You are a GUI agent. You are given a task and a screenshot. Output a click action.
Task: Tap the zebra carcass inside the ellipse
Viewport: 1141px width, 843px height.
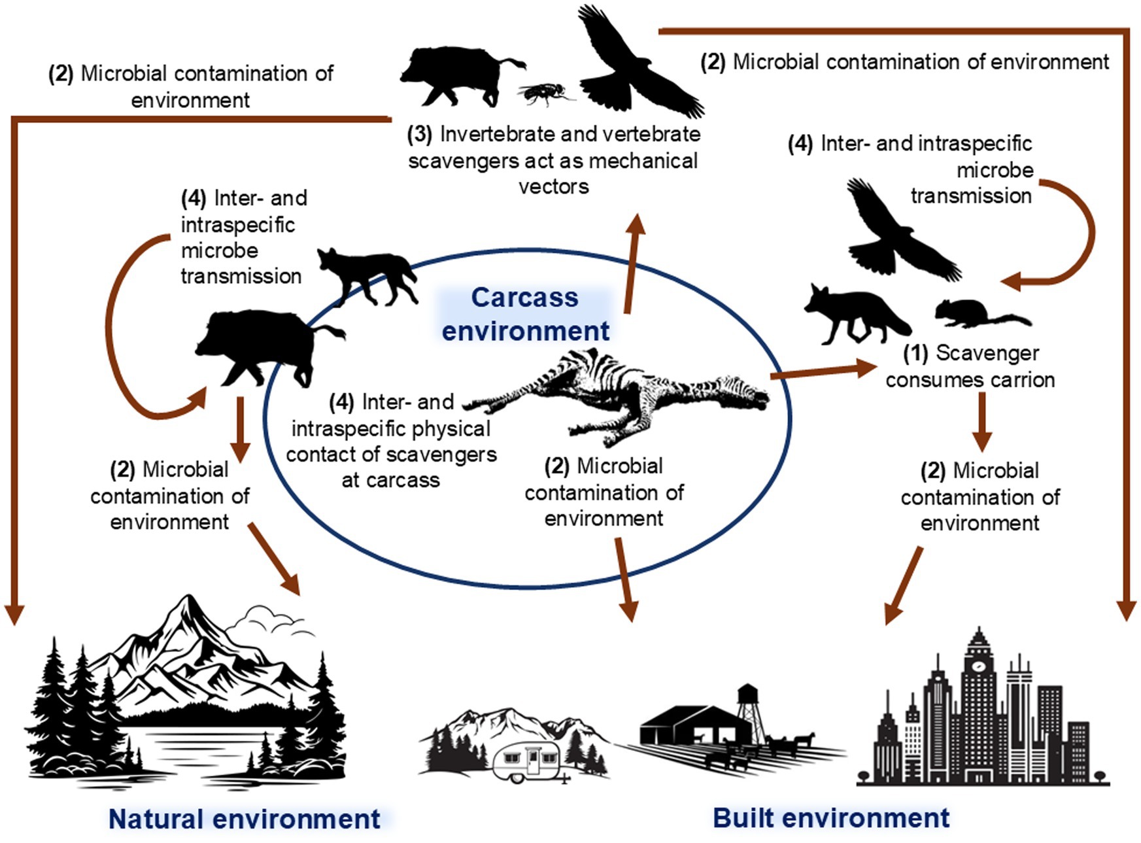point(621,392)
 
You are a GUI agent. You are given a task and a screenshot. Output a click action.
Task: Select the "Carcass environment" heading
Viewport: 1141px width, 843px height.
point(525,314)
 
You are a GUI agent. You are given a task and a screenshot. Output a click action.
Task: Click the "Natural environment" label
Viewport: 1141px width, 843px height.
point(244,819)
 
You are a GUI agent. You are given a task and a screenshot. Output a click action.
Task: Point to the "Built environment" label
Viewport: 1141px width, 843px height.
point(830,817)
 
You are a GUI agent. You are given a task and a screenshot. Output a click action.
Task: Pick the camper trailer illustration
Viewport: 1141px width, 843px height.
point(530,762)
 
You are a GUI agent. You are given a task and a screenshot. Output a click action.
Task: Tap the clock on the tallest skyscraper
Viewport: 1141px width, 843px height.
point(979,666)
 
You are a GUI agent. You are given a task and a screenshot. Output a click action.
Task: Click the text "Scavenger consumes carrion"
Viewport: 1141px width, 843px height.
point(970,366)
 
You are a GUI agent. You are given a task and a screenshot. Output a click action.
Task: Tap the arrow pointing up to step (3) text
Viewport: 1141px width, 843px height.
point(632,262)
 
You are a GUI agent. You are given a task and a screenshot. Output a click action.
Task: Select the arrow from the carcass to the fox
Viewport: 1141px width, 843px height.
point(824,371)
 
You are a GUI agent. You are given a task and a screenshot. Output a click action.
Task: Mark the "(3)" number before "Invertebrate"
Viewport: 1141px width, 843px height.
point(419,135)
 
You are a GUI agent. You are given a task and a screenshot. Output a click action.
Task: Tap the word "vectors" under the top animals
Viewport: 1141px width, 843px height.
point(553,187)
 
